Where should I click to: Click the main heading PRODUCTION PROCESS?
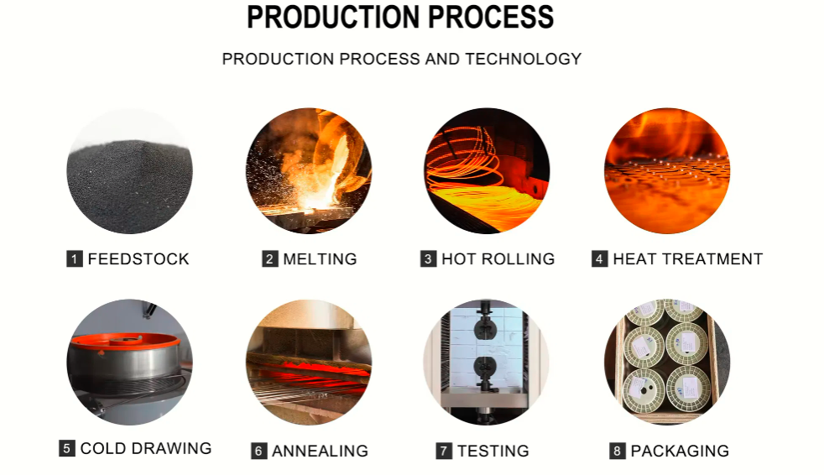point(400,17)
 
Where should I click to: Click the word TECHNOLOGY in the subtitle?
point(523,59)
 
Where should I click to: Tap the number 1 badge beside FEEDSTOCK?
point(75,259)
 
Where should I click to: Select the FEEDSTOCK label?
point(138,259)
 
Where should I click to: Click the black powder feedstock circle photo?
point(130,170)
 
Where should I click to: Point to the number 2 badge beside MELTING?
point(270,259)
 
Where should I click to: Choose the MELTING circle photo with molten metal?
point(309,170)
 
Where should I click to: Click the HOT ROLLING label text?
point(498,259)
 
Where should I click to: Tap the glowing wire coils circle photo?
point(488,170)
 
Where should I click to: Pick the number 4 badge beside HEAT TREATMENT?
point(600,259)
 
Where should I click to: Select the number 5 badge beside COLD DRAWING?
point(67,448)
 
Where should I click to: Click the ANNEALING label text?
point(320,451)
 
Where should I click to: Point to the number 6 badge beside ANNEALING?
point(258,451)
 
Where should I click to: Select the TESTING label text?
point(493,451)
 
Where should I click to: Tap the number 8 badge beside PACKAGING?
point(618,451)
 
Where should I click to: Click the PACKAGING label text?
point(680,451)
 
